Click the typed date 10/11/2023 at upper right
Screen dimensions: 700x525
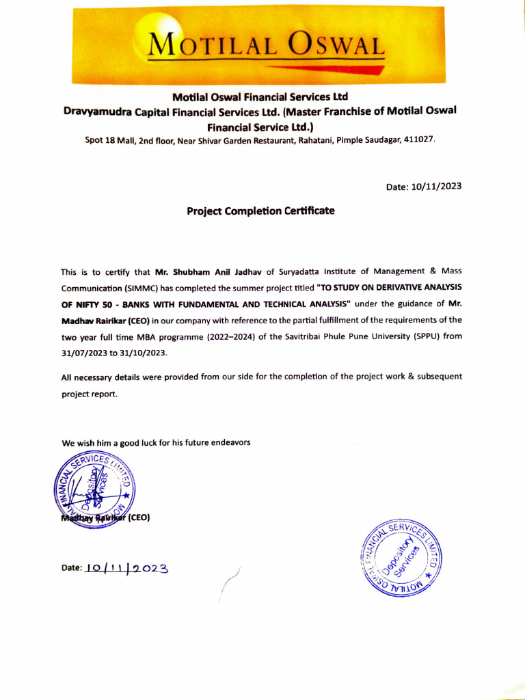pos(436,187)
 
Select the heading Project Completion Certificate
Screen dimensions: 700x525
pos(260,211)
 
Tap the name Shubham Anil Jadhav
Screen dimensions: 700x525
pos(208,271)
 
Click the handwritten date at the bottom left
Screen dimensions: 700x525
pos(126,567)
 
